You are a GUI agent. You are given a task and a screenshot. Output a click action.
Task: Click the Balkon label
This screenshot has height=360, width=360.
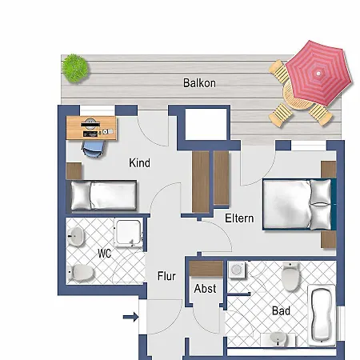pos(199,82)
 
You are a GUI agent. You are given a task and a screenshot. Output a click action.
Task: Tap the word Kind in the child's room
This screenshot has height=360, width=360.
pos(139,163)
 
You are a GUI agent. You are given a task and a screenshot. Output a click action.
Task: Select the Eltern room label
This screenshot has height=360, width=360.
pos(238,217)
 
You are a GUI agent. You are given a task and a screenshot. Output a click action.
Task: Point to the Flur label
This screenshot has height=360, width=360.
pos(166,277)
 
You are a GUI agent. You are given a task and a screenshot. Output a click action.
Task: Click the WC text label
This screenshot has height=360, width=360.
pos(104,254)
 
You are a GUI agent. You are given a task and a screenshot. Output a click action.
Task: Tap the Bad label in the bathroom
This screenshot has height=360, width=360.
pos(280,310)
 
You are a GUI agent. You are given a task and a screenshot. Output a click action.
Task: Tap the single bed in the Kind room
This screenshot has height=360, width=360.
pos(102,194)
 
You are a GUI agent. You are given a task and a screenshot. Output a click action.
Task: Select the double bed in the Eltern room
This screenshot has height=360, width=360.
pos(296,204)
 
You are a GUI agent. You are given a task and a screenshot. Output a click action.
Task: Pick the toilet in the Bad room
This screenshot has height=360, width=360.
pos(290,277)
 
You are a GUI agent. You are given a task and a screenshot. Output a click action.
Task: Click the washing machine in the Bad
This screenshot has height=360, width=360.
pos(237,273)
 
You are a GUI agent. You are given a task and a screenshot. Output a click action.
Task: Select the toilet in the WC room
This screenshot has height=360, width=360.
pos(81,273)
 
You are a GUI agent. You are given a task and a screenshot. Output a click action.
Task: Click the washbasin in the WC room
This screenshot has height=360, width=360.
pos(77,237)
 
